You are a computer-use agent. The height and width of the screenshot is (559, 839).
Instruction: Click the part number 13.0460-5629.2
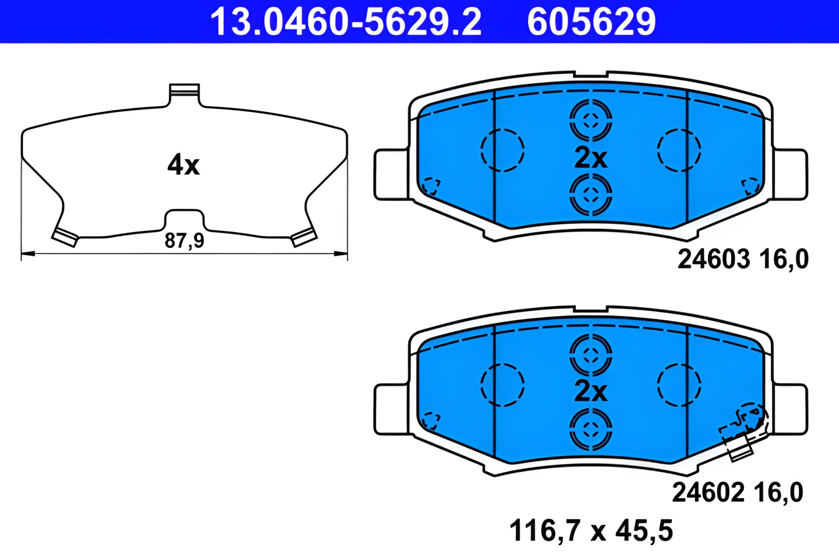346,22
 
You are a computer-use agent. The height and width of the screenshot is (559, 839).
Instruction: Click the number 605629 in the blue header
591,22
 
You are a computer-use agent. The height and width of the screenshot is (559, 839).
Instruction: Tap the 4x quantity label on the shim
184,165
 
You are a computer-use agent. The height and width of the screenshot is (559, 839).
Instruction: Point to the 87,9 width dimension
184,241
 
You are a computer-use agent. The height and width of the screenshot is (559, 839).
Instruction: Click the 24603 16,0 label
743,259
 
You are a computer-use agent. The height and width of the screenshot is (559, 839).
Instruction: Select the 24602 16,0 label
737,493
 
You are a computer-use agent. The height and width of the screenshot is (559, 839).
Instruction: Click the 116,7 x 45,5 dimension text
591,531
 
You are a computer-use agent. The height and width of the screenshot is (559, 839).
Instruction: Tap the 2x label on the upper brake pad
590,158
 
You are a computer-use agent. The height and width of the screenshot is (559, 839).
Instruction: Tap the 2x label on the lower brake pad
590,391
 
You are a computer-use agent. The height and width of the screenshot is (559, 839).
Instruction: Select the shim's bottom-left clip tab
65,237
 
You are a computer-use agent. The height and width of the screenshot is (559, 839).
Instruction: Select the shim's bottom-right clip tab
304,238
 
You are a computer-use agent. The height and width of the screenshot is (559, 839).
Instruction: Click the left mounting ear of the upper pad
391,175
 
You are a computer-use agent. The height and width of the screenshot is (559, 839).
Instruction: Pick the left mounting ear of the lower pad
391,409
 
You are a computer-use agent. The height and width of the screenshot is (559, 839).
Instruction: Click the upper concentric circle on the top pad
590,120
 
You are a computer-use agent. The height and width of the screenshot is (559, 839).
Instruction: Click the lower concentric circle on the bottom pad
590,429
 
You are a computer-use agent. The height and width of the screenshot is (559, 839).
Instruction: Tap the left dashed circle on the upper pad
502,150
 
